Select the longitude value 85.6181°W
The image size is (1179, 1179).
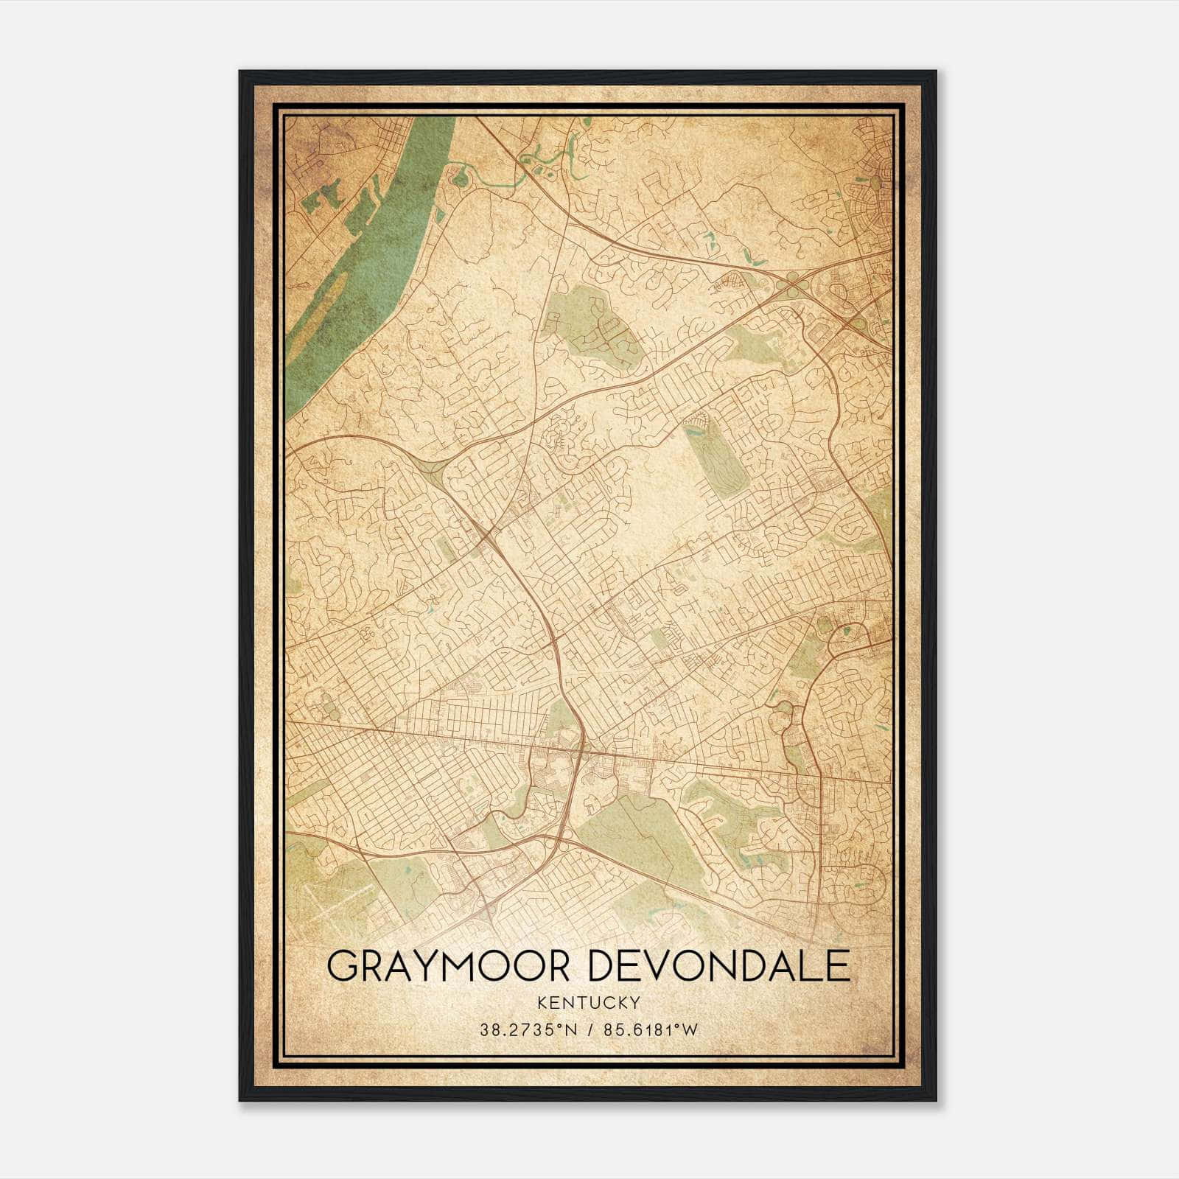click(650, 1030)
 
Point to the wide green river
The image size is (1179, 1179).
click(383, 243)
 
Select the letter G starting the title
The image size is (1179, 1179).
click(340, 967)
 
